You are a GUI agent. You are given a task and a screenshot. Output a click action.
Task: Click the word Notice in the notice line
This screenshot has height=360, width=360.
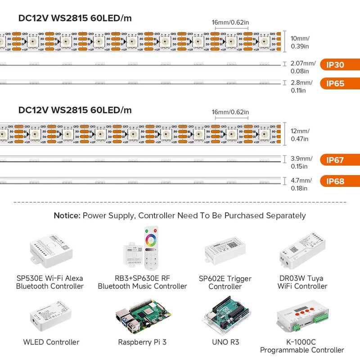pyautogui.click(x=67, y=216)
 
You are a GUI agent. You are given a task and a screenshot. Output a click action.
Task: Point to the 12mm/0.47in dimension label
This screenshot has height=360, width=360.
pyautogui.click(x=300, y=135)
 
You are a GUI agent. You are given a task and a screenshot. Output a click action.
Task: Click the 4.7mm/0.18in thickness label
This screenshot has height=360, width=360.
pyautogui.click(x=301, y=184)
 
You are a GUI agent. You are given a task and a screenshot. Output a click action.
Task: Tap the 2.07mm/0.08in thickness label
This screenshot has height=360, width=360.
pyautogui.click(x=302, y=67)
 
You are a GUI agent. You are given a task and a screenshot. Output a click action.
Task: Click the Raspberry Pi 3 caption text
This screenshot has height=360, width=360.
pyautogui.click(x=142, y=342)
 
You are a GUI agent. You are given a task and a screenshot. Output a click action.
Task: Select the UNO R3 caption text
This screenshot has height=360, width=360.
pyautogui.click(x=225, y=342)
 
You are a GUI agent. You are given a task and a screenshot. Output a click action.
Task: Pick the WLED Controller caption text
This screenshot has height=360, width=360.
pyautogui.click(x=51, y=342)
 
